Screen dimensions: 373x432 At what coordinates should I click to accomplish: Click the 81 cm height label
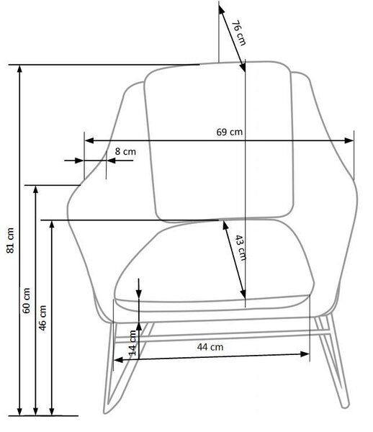point(10,240)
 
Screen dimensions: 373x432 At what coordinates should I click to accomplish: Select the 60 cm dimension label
point(27,300)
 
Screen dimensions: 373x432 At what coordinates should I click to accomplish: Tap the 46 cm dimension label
point(42,318)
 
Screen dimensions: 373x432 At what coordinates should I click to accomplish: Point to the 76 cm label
point(238,33)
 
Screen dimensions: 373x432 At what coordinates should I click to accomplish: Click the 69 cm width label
point(230,132)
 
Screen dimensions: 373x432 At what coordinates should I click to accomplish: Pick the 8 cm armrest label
point(125,151)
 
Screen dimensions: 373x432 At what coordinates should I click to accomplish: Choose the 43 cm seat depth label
point(241,248)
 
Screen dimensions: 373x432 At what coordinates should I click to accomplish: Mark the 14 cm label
point(132,343)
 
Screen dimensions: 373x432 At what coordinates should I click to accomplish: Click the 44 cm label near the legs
point(210,347)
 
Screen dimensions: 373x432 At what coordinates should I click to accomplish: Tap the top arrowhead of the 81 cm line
point(19,68)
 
